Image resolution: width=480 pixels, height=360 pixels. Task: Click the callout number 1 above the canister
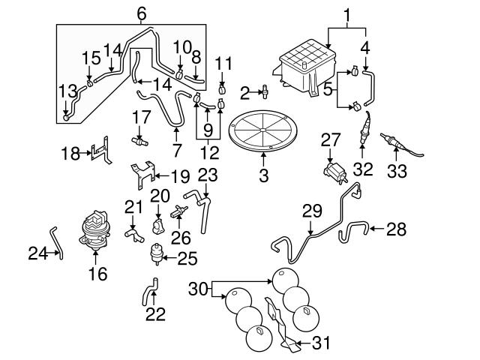coord(347,13)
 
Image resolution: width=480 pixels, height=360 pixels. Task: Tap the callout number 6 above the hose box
coord(142,13)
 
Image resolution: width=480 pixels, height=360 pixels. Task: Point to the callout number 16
coord(97,274)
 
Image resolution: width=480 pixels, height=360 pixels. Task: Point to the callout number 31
coord(320,344)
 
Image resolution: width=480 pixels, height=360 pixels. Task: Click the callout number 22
coord(154,313)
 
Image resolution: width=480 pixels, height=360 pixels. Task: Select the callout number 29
coord(311,211)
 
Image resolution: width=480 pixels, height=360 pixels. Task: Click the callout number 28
coord(395,228)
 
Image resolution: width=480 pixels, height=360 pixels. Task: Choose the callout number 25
coord(187,259)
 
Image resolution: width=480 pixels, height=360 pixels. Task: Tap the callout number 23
coord(207,175)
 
